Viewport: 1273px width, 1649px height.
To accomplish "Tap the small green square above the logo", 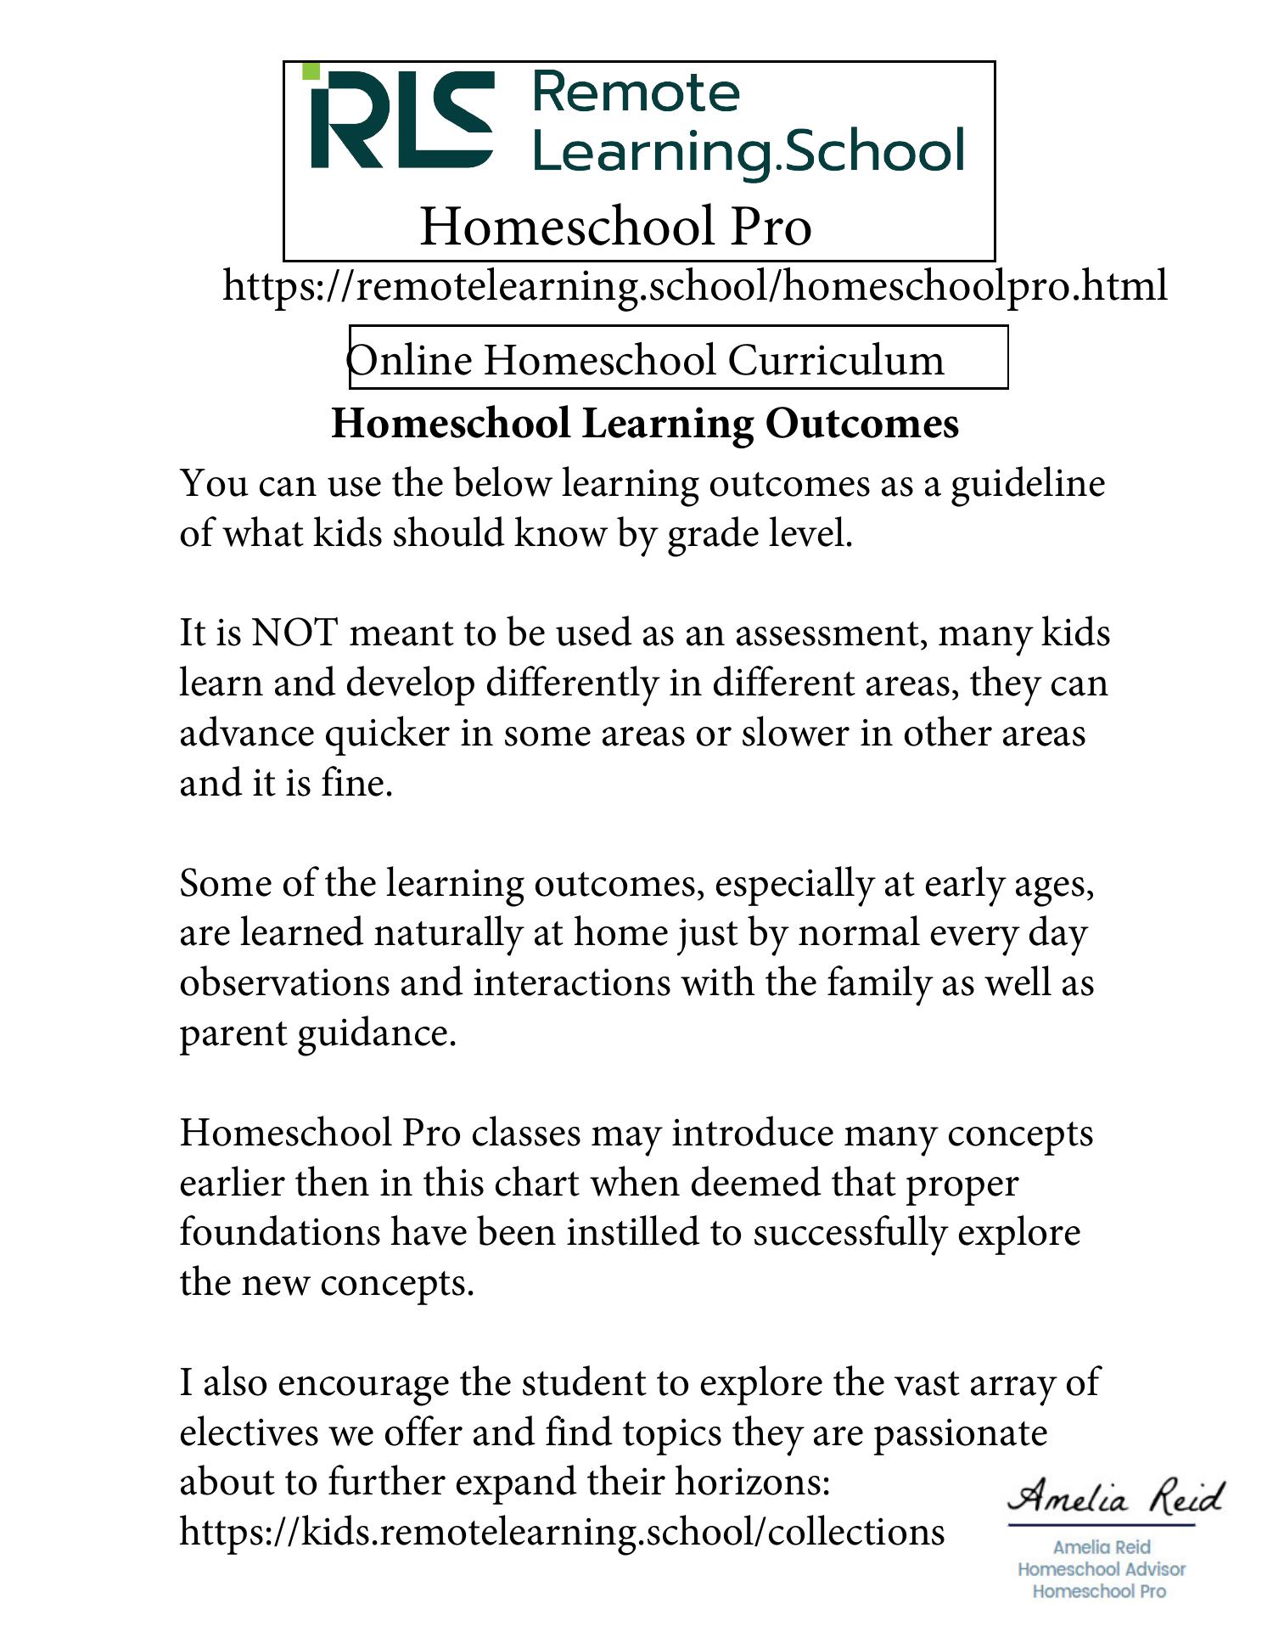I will [311, 71].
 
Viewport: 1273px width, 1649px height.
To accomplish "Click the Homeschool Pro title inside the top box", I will [616, 227].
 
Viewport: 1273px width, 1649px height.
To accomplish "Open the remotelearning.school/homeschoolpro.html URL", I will [694, 285].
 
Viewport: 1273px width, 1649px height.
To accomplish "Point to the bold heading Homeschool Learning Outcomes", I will [645, 423].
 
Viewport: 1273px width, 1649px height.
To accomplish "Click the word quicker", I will [387, 734].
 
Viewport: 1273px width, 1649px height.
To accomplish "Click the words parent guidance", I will [317, 1033].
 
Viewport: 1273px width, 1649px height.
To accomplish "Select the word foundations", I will [279, 1233].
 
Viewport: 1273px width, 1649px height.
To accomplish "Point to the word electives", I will [248, 1433].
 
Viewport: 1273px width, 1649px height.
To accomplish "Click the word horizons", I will [752, 1483].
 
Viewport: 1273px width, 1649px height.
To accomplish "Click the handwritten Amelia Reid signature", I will [1116, 1498].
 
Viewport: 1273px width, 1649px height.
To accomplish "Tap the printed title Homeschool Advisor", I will [1101, 1570].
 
